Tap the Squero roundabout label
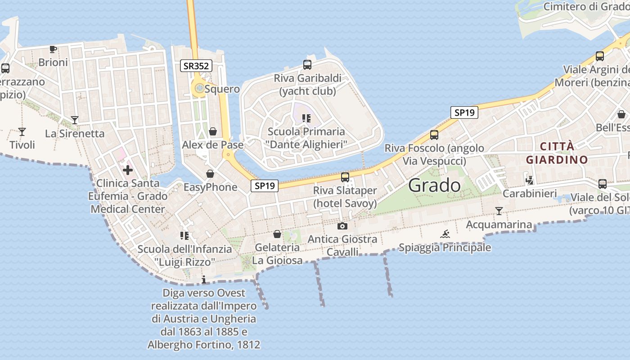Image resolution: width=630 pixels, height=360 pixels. [222, 89]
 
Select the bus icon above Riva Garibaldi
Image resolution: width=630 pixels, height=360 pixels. [307, 65]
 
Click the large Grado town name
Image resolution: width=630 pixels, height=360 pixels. [435, 185]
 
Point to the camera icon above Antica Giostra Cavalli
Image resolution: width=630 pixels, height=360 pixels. [342, 226]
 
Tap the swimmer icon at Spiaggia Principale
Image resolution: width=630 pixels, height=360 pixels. [445, 234]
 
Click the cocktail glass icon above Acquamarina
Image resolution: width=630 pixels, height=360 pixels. [499, 211]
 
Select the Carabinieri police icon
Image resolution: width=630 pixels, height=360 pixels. [530, 180]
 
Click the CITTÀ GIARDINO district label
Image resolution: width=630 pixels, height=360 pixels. [557, 153]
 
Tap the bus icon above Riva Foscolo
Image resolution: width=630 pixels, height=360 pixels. [434, 135]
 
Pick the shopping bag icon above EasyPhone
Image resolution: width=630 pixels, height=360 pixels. [210, 174]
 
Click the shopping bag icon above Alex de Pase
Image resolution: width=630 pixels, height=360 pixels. [213, 131]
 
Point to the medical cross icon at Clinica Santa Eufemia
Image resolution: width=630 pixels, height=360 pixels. [128, 170]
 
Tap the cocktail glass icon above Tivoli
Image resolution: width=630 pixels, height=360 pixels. [22, 132]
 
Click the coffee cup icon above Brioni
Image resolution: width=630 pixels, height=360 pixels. [53, 49]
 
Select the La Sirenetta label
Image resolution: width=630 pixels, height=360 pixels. [75, 134]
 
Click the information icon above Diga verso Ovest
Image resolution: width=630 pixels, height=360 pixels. [204, 280]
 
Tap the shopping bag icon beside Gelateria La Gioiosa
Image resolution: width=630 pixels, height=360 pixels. [277, 234]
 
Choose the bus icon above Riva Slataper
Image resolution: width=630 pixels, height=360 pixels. [345, 177]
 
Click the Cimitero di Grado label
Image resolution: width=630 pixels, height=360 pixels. [586, 7]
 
